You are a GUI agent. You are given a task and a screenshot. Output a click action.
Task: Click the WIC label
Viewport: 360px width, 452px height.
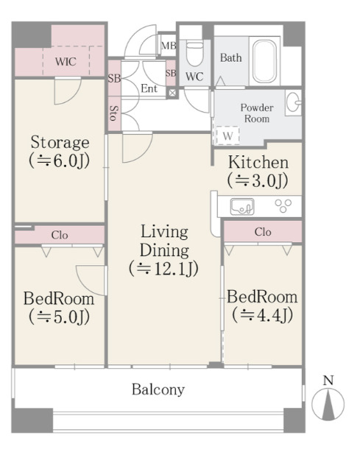tap(66, 62)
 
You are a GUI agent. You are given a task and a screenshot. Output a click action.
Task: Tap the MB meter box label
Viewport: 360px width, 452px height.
tap(169, 46)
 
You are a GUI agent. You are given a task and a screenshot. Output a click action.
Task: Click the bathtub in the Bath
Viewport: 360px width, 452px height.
tap(264, 61)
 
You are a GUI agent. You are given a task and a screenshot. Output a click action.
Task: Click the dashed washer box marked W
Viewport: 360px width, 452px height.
tap(227, 135)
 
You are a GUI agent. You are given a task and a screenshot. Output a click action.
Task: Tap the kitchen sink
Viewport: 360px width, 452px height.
tap(242, 206)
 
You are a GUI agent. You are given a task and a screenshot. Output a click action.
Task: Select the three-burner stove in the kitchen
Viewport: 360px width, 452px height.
tap(283, 206)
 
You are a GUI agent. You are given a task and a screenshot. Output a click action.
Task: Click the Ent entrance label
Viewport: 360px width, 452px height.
tap(149, 88)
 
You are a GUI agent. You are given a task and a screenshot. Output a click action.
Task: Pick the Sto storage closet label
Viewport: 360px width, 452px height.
tap(114, 113)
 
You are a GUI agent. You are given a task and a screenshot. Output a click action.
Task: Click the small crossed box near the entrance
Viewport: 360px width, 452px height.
tap(172, 93)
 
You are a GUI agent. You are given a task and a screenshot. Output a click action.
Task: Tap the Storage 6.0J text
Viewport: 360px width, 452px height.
tap(60, 152)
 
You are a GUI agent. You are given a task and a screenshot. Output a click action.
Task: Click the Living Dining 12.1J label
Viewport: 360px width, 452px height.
tap(164, 250)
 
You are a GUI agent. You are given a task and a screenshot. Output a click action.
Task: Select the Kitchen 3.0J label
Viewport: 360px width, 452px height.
tap(258, 172)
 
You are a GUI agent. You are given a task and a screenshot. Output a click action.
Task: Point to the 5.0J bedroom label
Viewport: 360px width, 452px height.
tap(59, 308)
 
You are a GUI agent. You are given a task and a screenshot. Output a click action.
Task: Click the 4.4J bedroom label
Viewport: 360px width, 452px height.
tap(262, 306)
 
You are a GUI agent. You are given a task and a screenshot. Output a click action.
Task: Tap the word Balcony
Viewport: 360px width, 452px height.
tap(158, 389)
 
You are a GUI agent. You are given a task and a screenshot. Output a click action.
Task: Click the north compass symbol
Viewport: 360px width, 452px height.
tap(328, 399)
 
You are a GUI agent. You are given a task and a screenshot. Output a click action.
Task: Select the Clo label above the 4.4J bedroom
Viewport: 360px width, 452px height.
tap(263, 232)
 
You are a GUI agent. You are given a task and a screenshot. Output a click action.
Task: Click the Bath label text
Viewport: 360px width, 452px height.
tap(231, 57)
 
